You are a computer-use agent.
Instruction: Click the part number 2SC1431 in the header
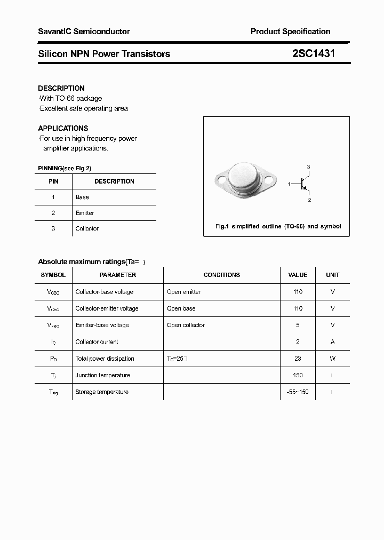click(x=314, y=53)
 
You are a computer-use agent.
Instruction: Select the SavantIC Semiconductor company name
click(x=84, y=31)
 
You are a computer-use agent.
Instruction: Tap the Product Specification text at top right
click(x=290, y=31)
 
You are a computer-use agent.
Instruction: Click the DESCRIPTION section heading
click(x=61, y=88)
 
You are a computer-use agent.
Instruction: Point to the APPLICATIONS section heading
click(x=63, y=128)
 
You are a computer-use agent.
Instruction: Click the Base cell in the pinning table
click(x=82, y=197)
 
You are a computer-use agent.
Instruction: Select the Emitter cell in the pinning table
click(x=85, y=213)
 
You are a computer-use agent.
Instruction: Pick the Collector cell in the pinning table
click(x=87, y=228)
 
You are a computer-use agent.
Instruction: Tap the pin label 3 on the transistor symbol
click(x=308, y=167)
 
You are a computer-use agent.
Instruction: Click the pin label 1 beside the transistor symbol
click(x=289, y=184)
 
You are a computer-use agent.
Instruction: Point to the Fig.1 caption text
click(x=278, y=226)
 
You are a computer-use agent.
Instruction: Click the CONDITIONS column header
click(x=221, y=275)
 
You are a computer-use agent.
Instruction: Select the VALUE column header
click(x=298, y=275)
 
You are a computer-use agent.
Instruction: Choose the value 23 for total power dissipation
click(x=298, y=359)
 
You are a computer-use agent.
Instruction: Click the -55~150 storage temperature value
click(x=298, y=392)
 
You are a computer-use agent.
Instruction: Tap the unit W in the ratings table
click(x=332, y=359)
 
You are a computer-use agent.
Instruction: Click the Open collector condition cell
click(x=186, y=325)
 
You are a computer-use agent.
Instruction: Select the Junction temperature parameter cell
click(x=102, y=375)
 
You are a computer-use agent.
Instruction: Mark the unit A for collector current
click(x=332, y=342)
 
